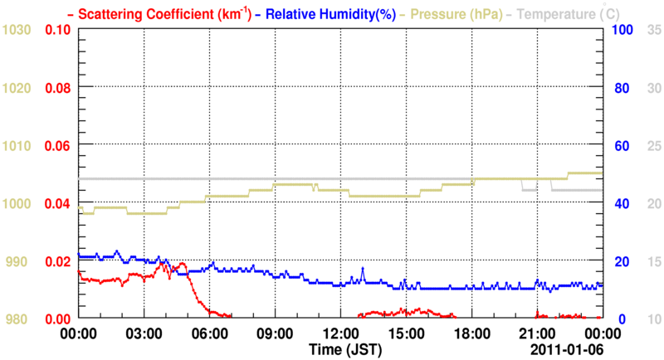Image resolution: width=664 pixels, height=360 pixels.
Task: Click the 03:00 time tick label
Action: [x=144, y=333]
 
